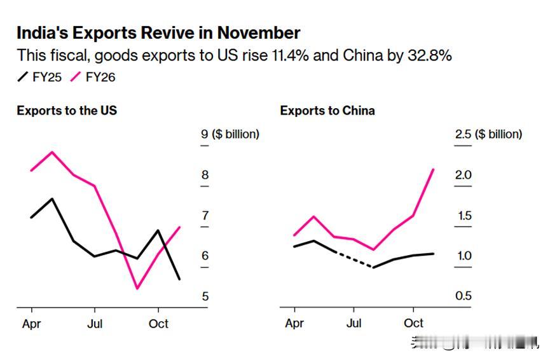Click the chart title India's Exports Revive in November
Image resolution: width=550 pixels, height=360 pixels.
158,33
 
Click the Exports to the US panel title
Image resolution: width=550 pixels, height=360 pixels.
67,111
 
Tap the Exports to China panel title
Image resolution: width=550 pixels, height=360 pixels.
327,111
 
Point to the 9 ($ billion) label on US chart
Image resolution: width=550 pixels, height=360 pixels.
230,134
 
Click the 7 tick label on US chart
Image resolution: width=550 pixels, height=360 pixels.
205,216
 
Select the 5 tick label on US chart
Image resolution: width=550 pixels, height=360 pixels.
205,296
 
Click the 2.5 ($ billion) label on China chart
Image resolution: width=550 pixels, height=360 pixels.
488,134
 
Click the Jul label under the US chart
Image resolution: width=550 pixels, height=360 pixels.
95,324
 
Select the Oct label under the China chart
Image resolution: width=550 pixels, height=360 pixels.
413,323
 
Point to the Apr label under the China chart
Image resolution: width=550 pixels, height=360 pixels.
294,323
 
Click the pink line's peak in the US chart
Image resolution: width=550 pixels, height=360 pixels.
52,152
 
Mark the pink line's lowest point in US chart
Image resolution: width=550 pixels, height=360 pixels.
137,288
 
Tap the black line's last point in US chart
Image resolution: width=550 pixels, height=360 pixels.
179,279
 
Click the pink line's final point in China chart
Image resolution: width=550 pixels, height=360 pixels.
433,170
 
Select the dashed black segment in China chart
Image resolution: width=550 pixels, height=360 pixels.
354,260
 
